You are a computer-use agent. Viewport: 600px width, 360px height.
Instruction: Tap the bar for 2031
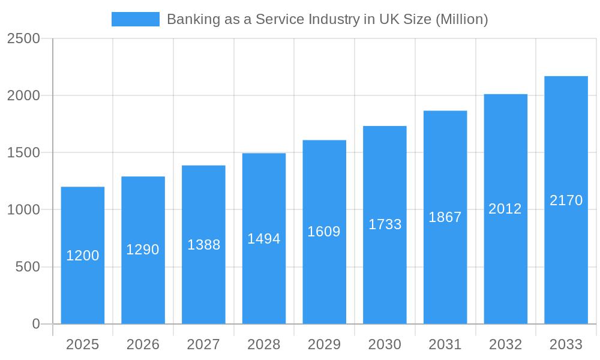pyautogui.click(x=445, y=270)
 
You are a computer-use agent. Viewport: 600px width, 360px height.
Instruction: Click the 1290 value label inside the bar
pyautogui.click(x=143, y=250)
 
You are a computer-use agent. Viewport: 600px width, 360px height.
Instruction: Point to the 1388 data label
pyautogui.click(x=203, y=245)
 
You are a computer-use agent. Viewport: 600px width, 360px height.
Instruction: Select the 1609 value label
pyautogui.click(x=324, y=232)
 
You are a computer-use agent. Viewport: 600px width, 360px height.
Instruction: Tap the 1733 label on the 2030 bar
pyautogui.click(x=385, y=224)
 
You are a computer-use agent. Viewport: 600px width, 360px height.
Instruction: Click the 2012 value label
pyautogui.click(x=505, y=209)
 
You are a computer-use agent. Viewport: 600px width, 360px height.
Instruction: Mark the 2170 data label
pyautogui.click(x=566, y=200)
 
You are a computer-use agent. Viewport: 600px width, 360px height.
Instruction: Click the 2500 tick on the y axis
pyautogui.click(x=23, y=39)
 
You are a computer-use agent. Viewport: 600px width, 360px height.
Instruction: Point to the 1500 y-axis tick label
pyautogui.click(x=23, y=153)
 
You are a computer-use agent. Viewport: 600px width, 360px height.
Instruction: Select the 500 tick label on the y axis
pyautogui.click(x=28, y=267)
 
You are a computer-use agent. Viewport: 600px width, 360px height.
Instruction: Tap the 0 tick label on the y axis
pyautogui.click(x=35, y=324)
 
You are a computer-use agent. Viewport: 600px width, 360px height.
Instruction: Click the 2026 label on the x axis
pyautogui.click(x=143, y=344)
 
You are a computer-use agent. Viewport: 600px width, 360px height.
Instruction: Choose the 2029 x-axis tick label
pyautogui.click(x=324, y=344)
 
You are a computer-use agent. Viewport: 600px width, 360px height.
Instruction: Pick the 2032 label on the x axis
pyautogui.click(x=505, y=344)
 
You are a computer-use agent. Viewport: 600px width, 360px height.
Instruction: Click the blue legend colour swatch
pyautogui.click(x=136, y=19)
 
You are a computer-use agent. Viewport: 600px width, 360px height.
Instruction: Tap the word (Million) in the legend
pyautogui.click(x=461, y=19)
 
